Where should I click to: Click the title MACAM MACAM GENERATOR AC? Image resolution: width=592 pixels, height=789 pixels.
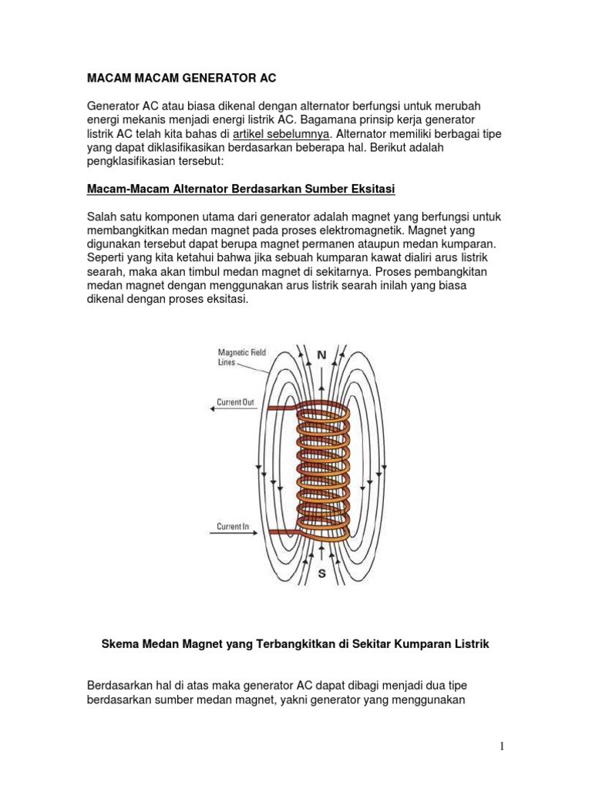pyautogui.click(x=179, y=79)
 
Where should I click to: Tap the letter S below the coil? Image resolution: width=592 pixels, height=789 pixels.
pyautogui.click(x=321, y=573)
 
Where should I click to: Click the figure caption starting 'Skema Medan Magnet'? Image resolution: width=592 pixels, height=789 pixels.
pyautogui.click(x=296, y=643)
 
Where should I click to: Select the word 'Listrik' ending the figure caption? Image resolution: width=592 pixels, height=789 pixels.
pyautogui.click(x=469, y=643)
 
